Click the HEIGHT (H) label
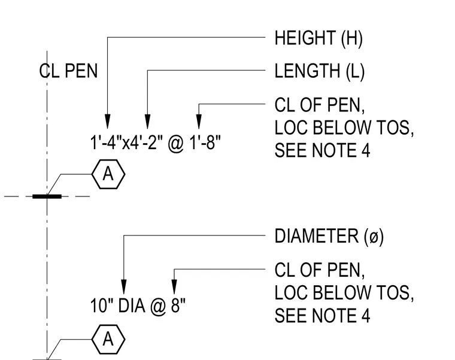318,38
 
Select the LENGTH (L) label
320,71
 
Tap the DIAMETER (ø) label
329,236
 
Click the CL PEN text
68,71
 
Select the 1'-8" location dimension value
205,143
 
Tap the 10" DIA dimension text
117,305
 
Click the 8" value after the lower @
178,305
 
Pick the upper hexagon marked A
108,174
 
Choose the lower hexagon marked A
108,340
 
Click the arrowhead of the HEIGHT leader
107,122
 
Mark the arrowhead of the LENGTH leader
147,122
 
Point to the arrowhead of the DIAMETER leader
123,287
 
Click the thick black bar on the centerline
47,196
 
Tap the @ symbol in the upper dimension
176,143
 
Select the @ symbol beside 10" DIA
158,306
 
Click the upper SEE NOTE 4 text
322,150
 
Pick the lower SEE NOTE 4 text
322,316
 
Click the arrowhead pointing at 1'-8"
199,122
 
